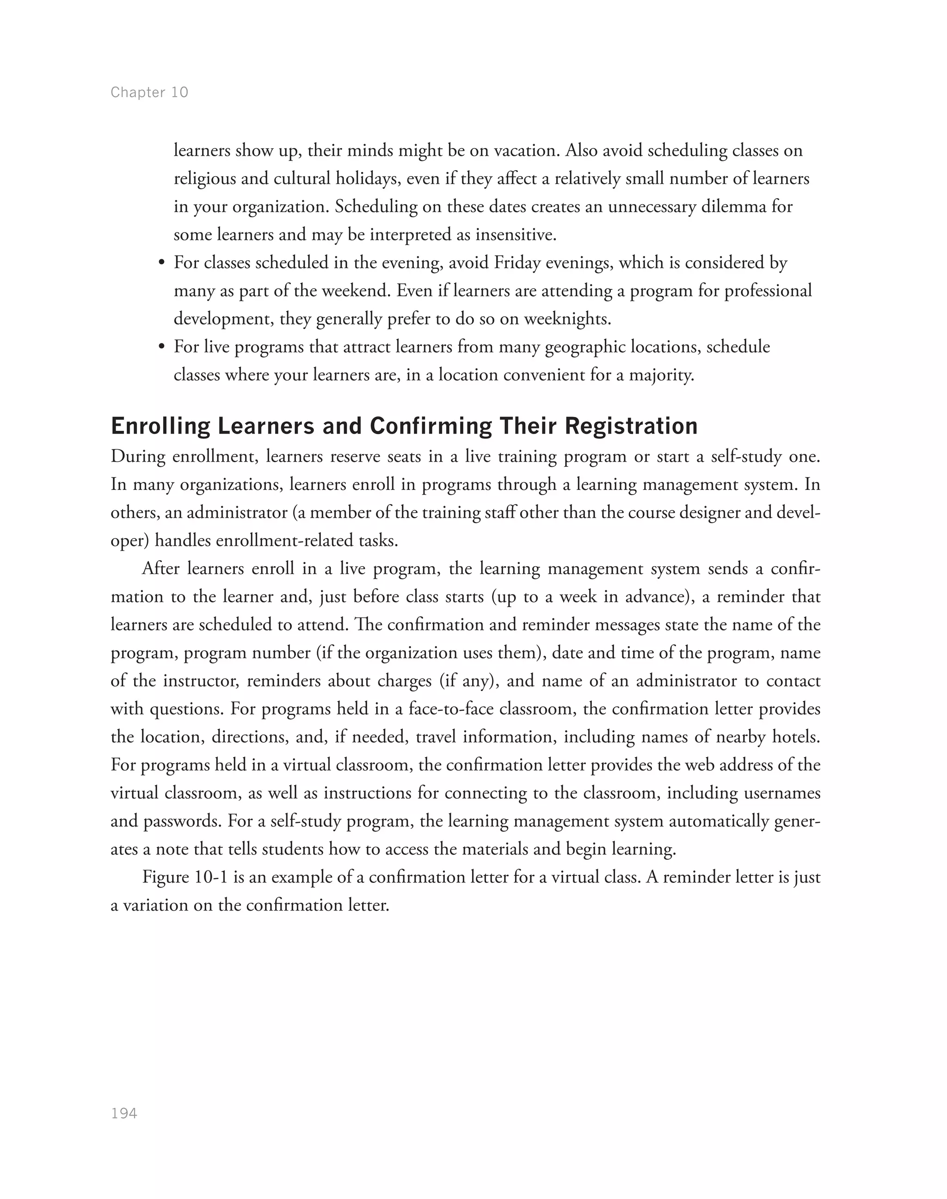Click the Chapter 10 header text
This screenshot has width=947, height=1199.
[x=149, y=92]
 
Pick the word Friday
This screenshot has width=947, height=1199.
[x=517, y=263]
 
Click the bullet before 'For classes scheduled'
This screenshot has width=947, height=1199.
[x=161, y=263]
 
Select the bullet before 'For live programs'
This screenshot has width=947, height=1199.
[x=161, y=348]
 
